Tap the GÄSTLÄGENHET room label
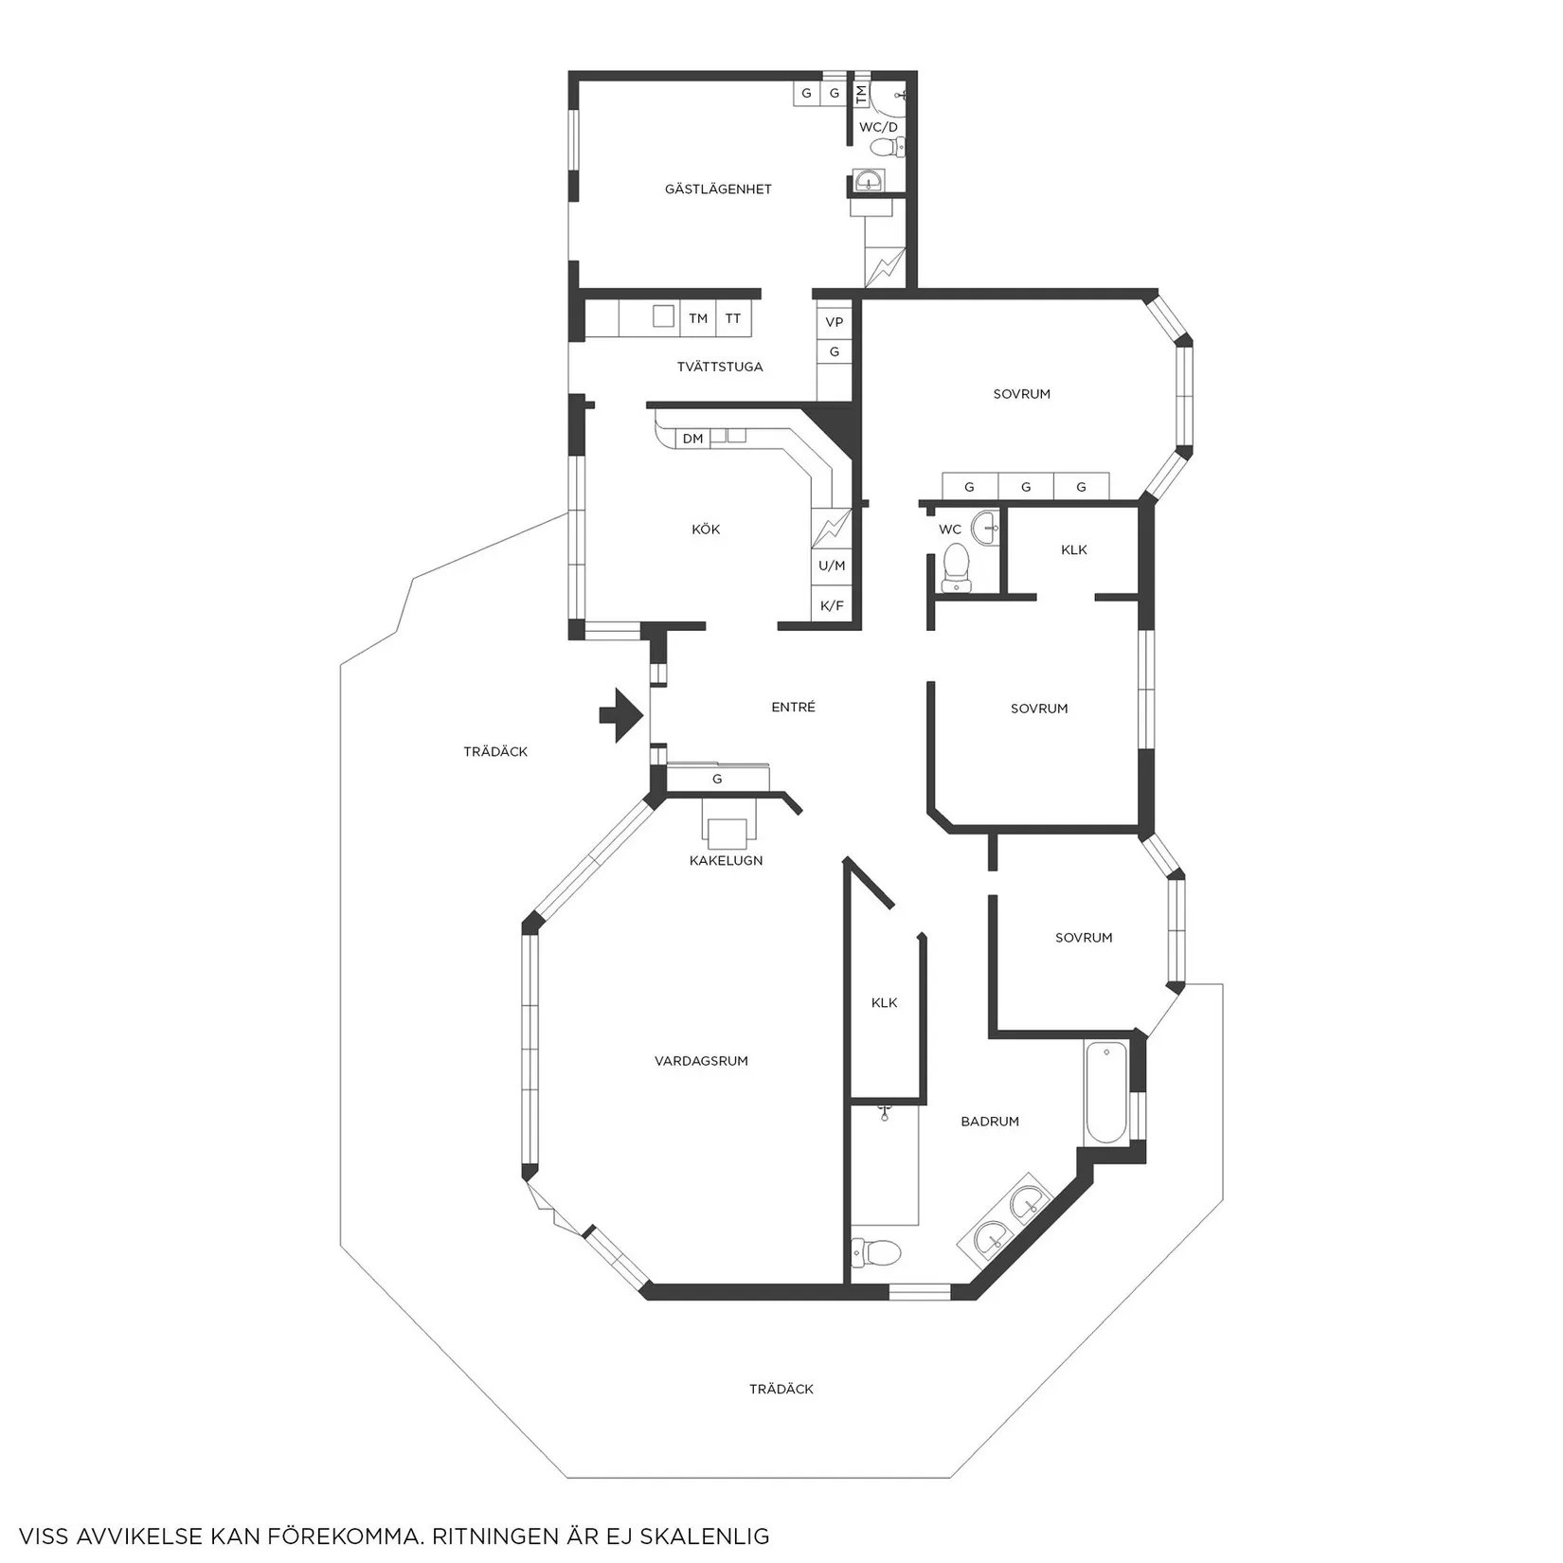pyautogui.click(x=718, y=189)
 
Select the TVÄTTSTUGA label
pyautogui.click(x=720, y=367)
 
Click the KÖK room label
pyautogui.click(x=706, y=530)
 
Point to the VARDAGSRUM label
pyautogui.click(x=701, y=1061)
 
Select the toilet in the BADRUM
pyautogui.click(x=876, y=1253)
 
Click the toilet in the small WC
pyautogui.click(x=955, y=566)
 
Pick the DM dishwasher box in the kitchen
pyautogui.click(x=692, y=439)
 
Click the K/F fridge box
pyautogui.click(x=832, y=605)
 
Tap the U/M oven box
pyautogui.click(x=832, y=566)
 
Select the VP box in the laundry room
pyautogui.click(x=834, y=322)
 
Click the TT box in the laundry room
pyautogui.click(x=733, y=318)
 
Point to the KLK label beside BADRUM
pyautogui.click(x=884, y=1002)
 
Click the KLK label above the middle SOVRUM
pyautogui.click(x=1074, y=549)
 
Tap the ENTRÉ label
pyautogui.click(x=793, y=707)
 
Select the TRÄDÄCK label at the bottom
pyautogui.click(x=781, y=1389)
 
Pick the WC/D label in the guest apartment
pyautogui.click(x=878, y=127)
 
